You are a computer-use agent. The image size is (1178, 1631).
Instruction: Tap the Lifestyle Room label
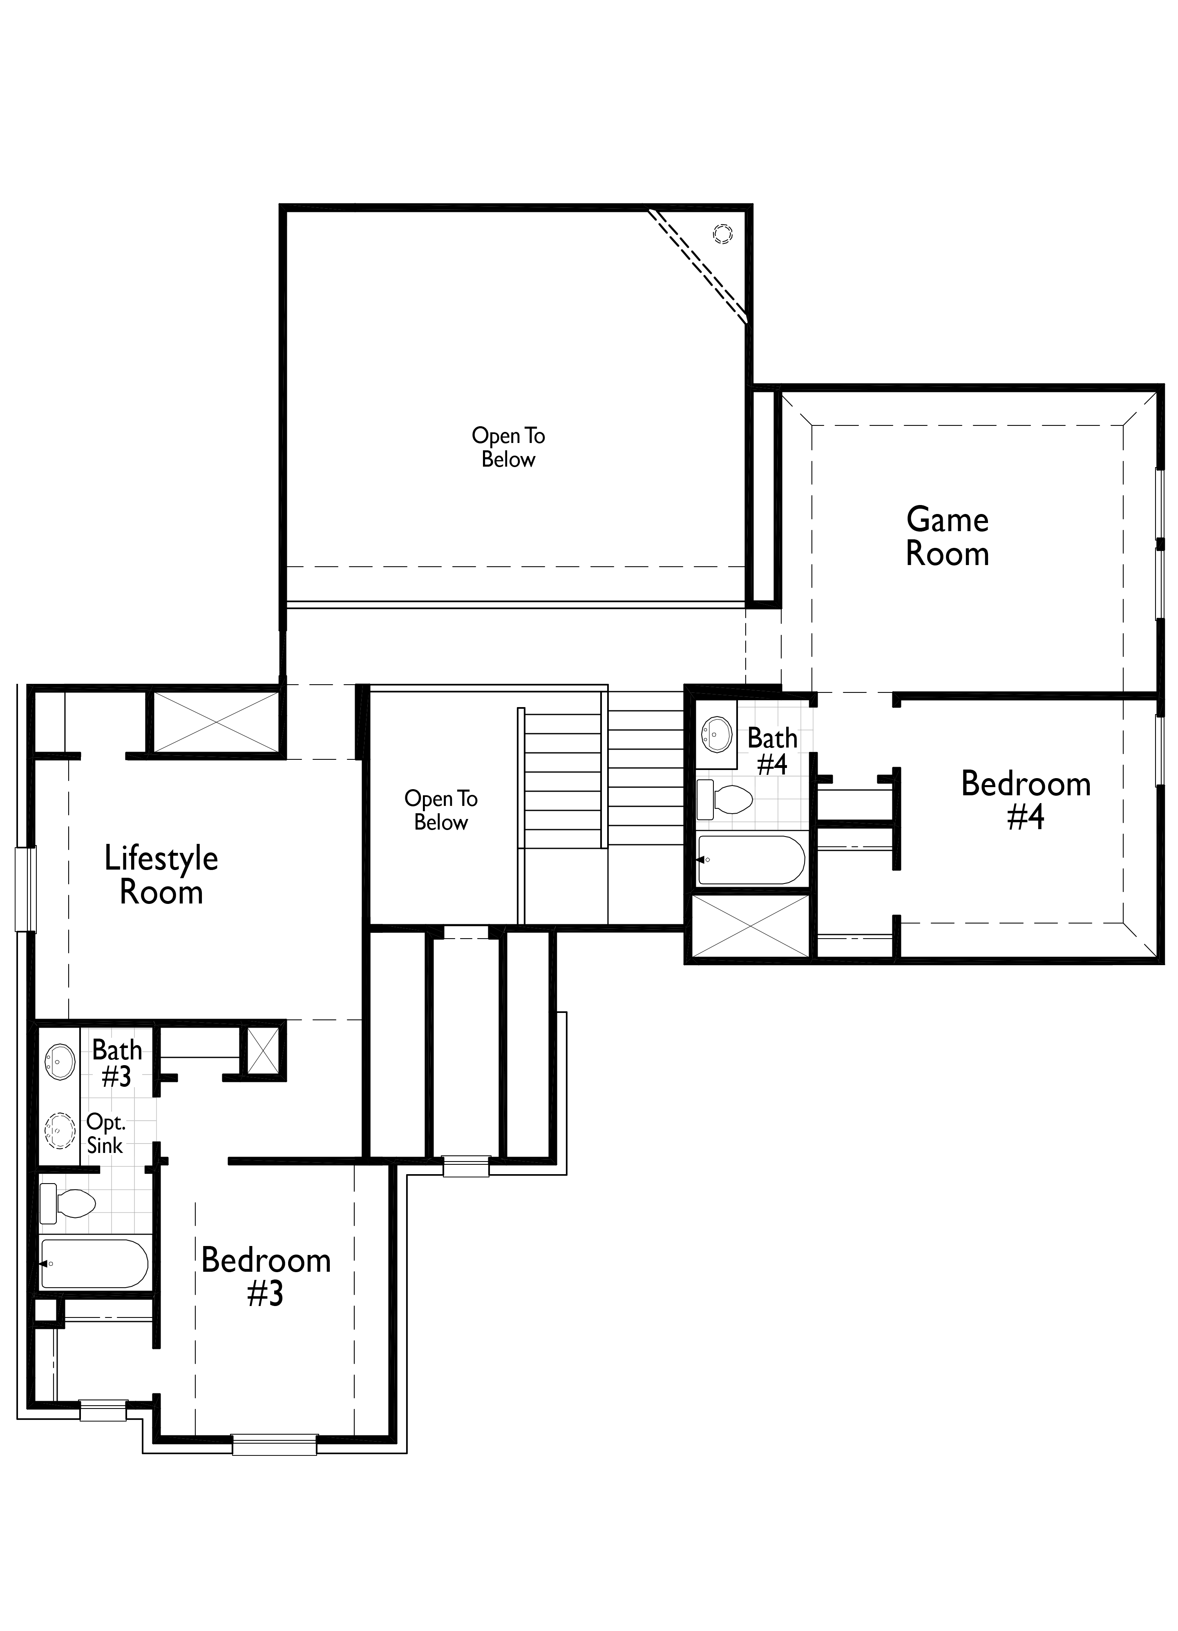pyautogui.click(x=161, y=875)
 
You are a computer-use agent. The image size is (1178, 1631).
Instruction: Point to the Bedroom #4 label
pyautogui.click(x=1026, y=800)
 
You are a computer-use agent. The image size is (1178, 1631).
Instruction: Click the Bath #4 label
pyautogui.click(x=772, y=751)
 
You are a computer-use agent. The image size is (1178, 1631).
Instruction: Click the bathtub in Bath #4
pyautogui.click(x=751, y=859)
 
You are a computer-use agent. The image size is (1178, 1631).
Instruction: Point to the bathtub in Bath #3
pyautogui.click(x=94, y=1264)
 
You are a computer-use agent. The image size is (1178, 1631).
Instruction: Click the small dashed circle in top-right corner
pyautogui.click(x=722, y=234)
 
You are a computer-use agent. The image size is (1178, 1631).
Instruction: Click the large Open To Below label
pyautogui.click(x=508, y=447)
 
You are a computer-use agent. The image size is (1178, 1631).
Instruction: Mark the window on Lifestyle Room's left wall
pyautogui.click(x=25, y=890)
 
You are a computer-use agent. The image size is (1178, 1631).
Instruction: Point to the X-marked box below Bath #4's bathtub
pyautogui.click(x=750, y=926)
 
